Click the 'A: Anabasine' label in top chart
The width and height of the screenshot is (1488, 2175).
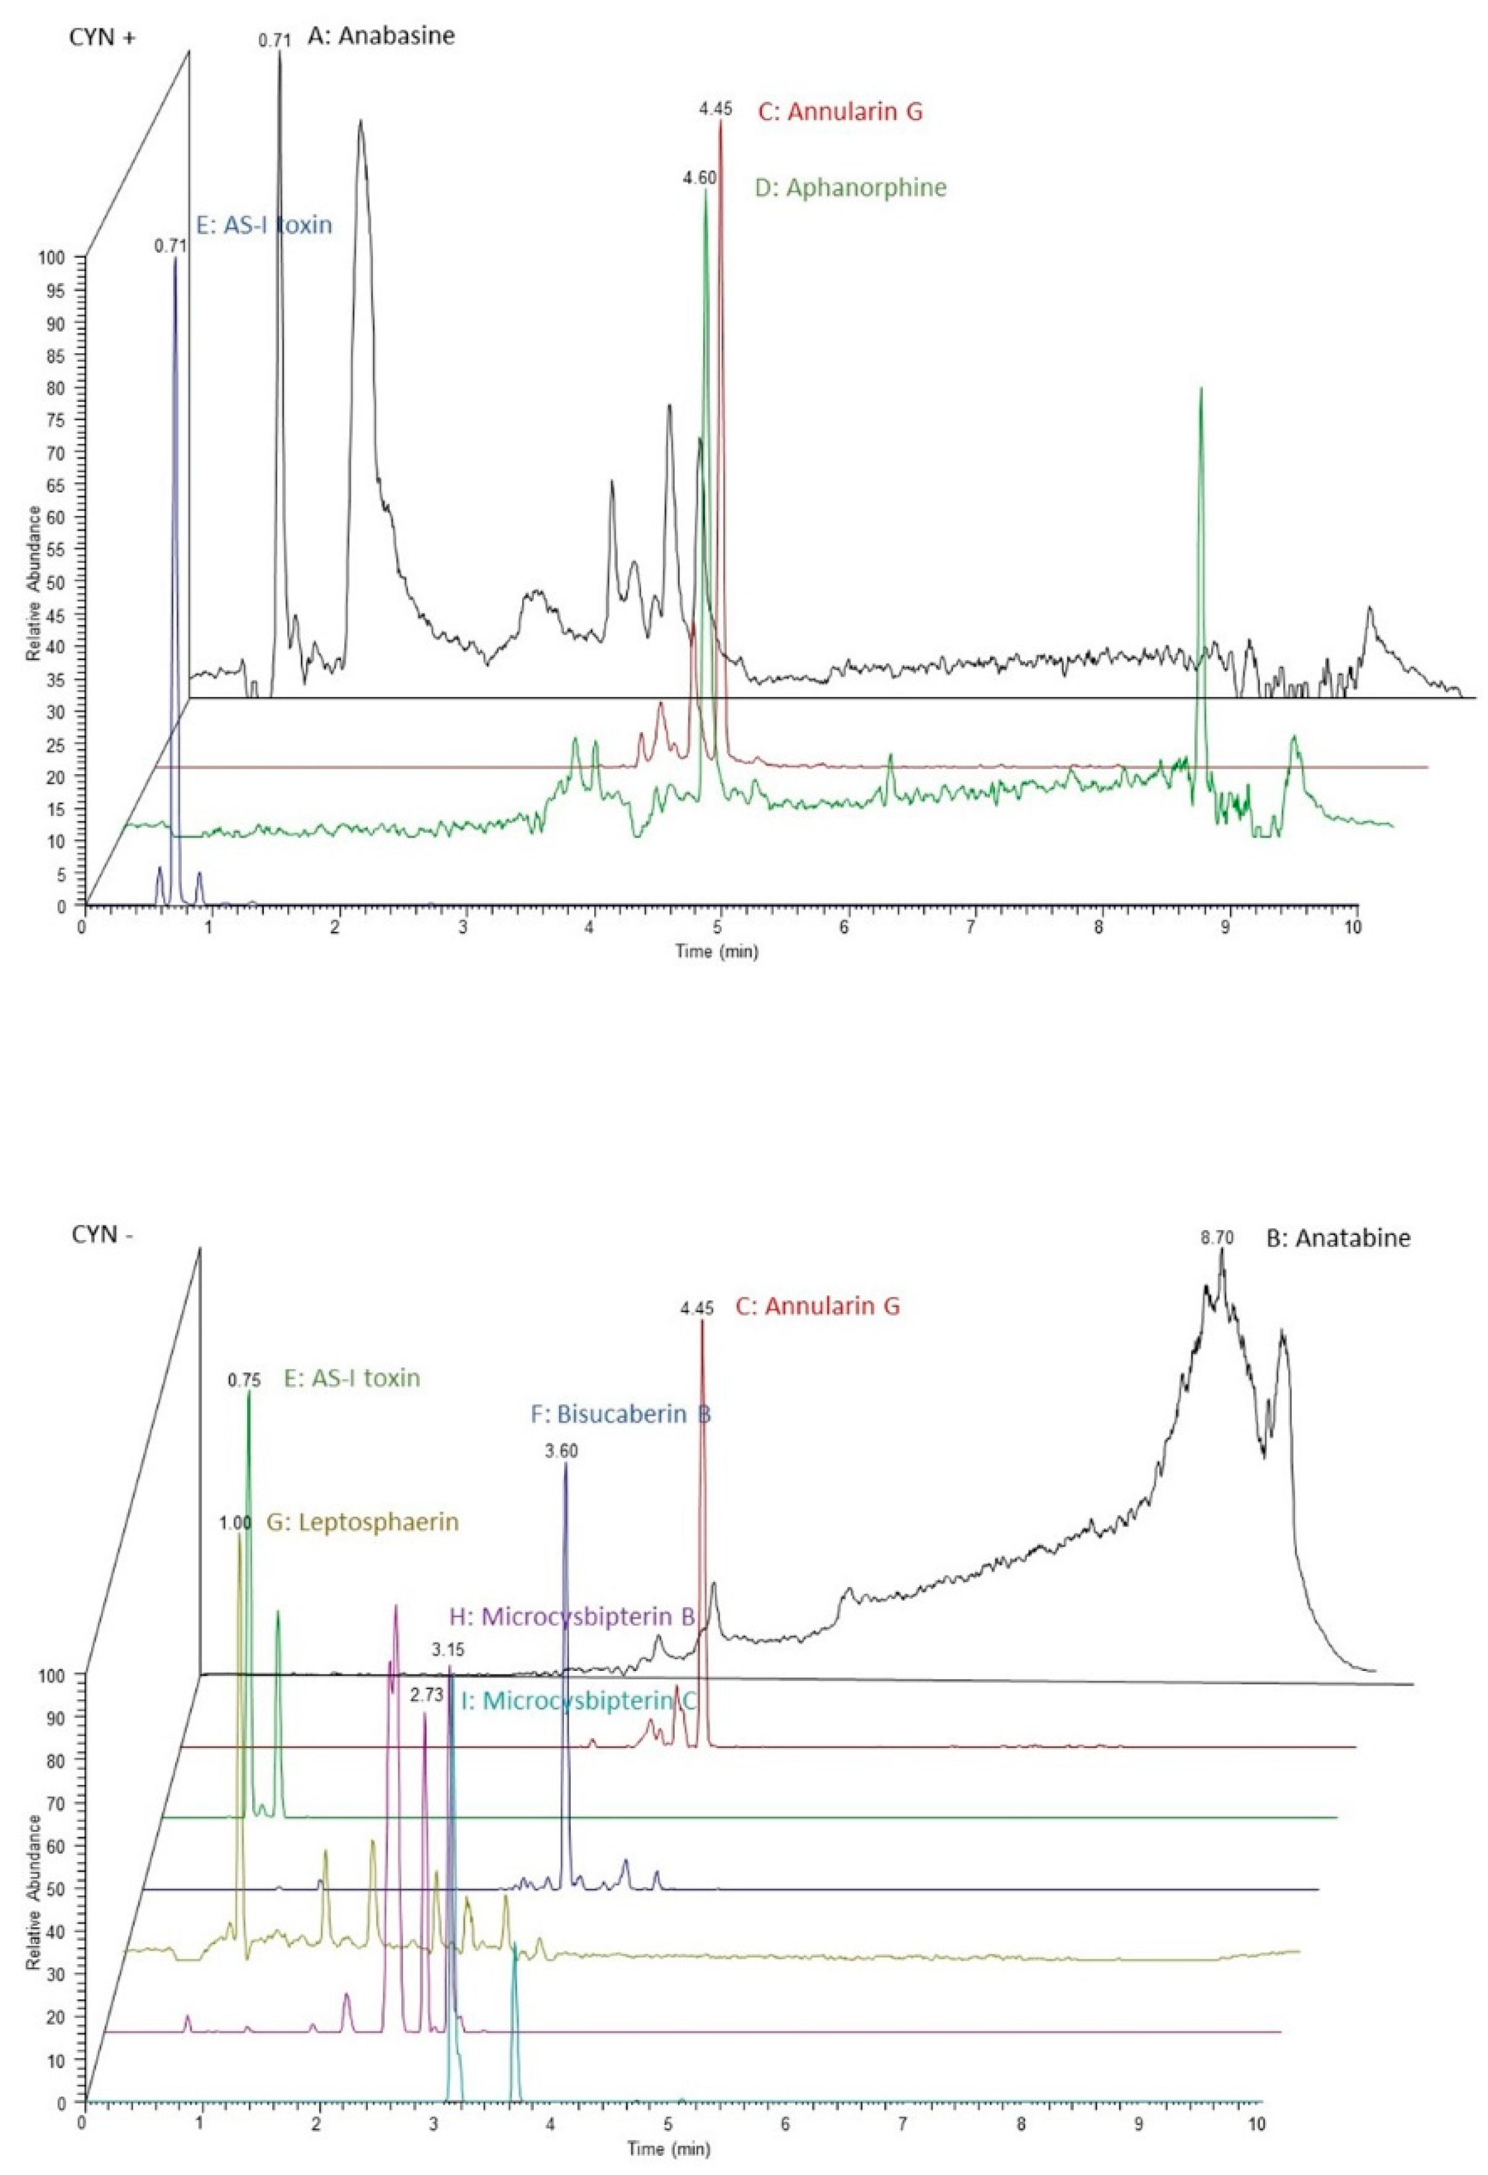coord(381,38)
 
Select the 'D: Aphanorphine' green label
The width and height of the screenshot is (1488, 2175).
coord(851,188)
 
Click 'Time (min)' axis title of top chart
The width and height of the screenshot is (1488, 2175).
coord(717,951)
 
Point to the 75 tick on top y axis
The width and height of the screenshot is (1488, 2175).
coord(65,420)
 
